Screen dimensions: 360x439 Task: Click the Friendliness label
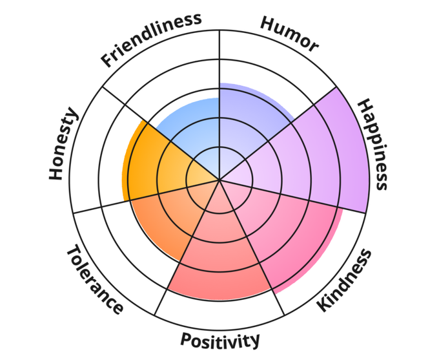pos(152,39)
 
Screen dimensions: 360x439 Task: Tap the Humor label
pos(289,34)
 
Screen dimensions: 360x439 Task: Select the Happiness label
pos(374,143)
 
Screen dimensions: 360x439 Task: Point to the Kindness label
pos(345,280)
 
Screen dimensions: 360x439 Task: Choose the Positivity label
pos(220,339)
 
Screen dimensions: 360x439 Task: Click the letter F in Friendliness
pos(107,62)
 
